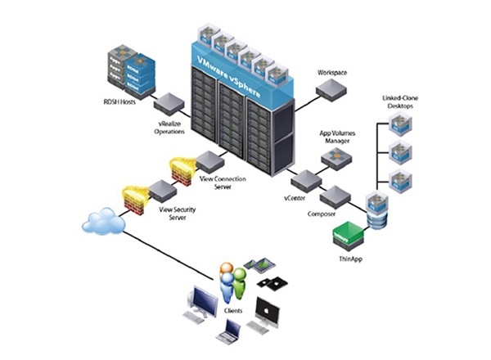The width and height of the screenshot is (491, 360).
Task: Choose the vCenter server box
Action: click(304, 181)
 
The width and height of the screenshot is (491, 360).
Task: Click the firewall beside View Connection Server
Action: click(180, 169)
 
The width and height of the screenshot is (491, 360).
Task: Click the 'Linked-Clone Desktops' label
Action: click(399, 103)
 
